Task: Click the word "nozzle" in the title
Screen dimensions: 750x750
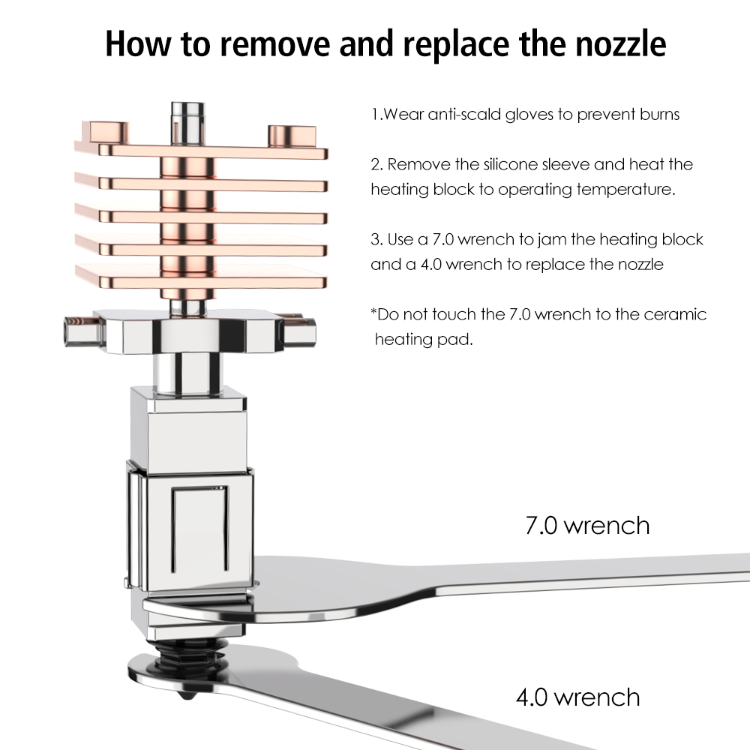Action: [620, 43]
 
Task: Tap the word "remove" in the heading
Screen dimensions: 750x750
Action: [275, 43]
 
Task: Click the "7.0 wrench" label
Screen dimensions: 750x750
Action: [587, 526]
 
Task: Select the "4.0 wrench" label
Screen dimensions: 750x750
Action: [577, 697]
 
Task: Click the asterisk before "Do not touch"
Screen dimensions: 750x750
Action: [373, 311]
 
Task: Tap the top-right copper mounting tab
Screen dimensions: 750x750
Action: [292, 136]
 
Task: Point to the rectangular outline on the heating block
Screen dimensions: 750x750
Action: [200, 529]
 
